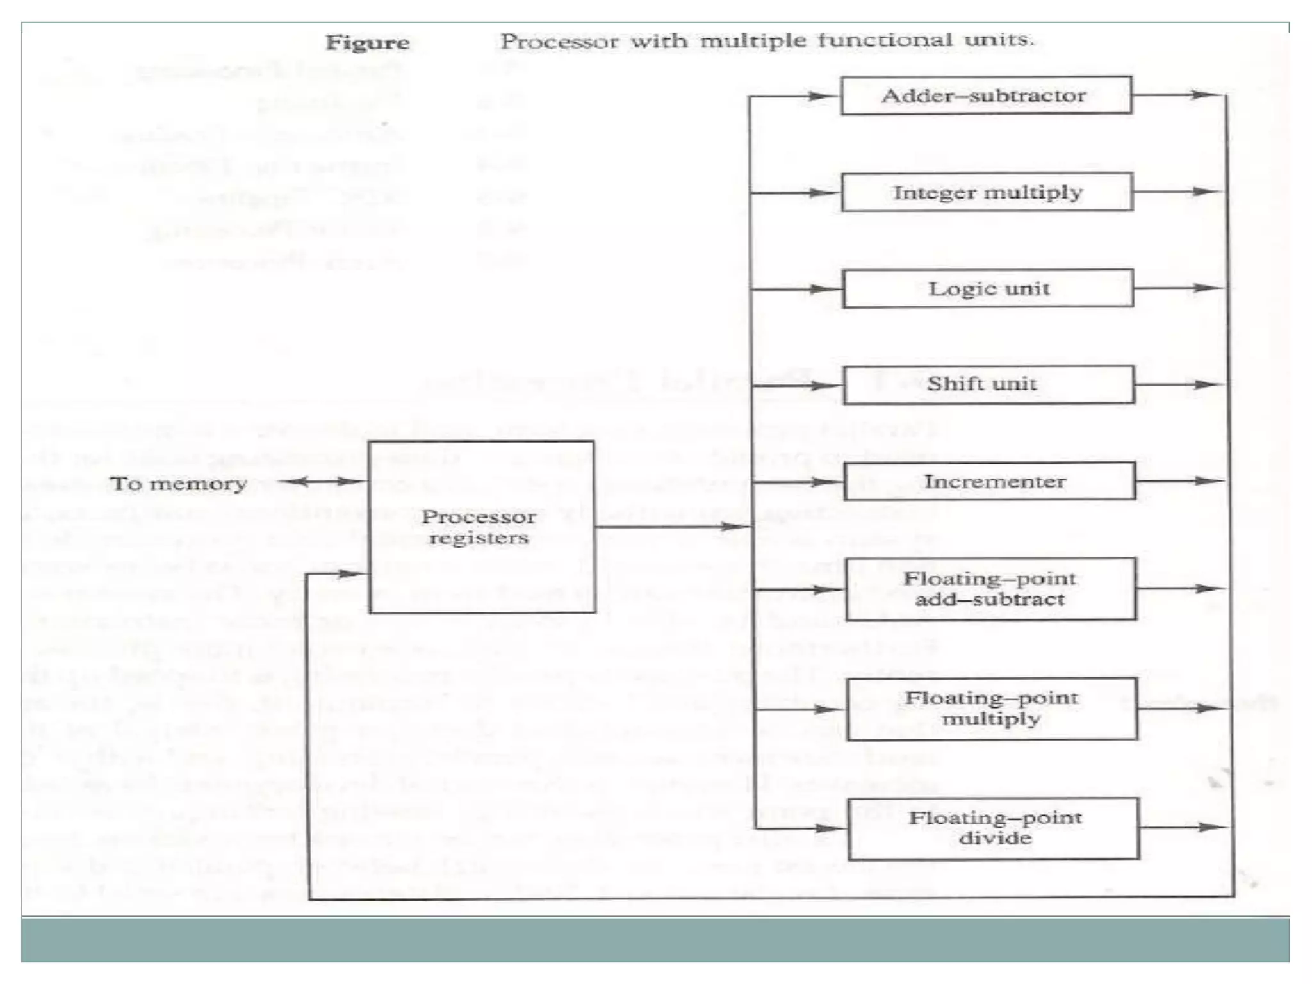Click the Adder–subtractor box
coord(986,95)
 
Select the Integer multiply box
coord(987,192)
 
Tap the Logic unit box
coord(988,288)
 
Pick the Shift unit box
coord(988,384)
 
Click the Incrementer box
coord(990,481)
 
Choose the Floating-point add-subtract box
coord(990,589)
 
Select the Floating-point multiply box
coord(992,709)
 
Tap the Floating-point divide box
coord(994,828)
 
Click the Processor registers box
coord(482,527)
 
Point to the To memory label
coord(178,483)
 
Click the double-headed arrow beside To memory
coord(322,481)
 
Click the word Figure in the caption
coord(367,42)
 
